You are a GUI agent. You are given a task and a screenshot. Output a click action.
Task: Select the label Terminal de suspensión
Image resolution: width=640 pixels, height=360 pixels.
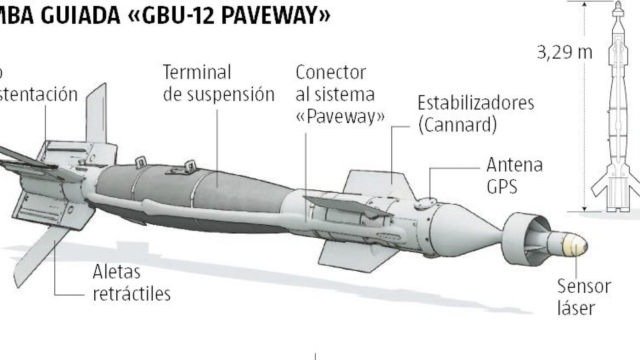219,83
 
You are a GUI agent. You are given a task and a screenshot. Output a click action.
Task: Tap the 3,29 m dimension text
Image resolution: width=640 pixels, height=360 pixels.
564,53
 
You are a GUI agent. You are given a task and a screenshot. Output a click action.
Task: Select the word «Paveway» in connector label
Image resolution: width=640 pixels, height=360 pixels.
340,117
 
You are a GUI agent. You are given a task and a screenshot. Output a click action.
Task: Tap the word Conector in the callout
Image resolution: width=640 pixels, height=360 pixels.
330,72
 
